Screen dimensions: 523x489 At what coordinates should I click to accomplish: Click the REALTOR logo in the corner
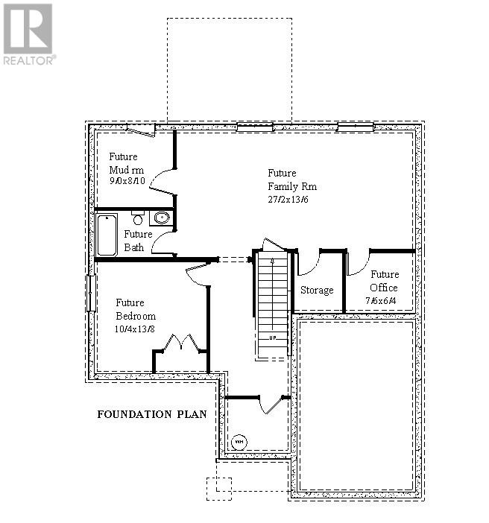coord(28,33)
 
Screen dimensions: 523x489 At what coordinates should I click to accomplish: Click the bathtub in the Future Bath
coord(107,234)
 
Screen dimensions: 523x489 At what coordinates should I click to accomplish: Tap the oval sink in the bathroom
coord(160,218)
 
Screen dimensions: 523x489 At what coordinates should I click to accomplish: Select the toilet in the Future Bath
coord(138,218)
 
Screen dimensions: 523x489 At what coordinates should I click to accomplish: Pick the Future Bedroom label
coord(134,309)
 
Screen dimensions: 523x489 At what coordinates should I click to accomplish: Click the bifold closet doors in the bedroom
coord(179,343)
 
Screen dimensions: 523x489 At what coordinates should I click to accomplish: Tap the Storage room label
coord(317,290)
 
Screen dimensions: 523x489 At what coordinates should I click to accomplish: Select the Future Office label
coord(384,281)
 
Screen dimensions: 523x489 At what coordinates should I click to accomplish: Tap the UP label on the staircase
coord(274,337)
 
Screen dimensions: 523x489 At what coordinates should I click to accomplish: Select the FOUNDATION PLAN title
coord(151,413)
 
